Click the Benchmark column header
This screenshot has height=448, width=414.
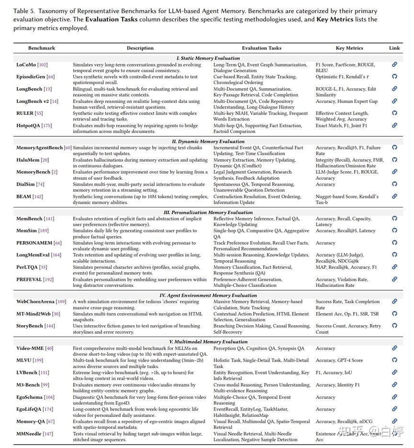click(x=42, y=48)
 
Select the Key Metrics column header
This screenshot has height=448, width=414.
click(x=349, y=48)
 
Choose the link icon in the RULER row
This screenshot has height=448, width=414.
click(x=394, y=113)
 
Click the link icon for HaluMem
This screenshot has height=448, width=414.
click(x=394, y=160)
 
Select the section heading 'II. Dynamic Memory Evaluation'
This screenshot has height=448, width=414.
click(x=208, y=142)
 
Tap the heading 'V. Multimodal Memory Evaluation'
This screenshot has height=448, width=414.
click(x=208, y=342)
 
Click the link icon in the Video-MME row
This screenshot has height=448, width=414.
click(x=394, y=348)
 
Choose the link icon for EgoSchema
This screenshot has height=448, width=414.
click(x=394, y=397)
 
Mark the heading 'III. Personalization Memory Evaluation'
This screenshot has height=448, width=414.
click(x=208, y=212)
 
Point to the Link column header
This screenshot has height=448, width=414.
click(x=394, y=48)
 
